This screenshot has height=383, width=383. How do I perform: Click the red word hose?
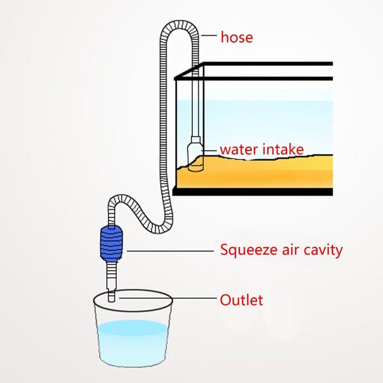click(237, 37)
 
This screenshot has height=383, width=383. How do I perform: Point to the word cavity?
click(324, 249)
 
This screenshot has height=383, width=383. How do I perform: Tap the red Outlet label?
click(241, 300)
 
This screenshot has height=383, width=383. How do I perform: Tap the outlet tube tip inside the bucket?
click(111, 295)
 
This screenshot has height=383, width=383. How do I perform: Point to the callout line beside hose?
click(210, 35)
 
